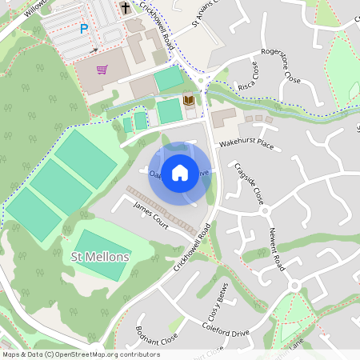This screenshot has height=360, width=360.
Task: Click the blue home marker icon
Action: pos(180,172)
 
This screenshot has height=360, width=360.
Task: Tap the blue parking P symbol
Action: pos(84,29)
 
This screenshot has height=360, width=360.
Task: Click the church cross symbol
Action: pos(126,8)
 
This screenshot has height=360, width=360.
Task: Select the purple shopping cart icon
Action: pos(102,70)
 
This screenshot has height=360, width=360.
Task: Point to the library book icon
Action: pos(190,100)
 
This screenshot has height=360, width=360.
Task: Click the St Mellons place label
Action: pos(100,257)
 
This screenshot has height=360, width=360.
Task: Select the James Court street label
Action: pos(150,215)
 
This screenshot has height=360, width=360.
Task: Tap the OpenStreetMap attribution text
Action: pos(81,354)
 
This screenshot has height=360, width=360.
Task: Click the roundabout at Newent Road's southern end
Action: pos(294,286)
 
